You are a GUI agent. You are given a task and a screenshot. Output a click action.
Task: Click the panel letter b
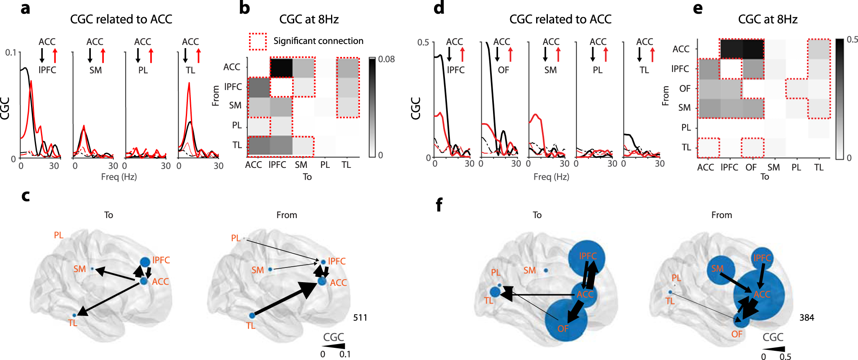click(244, 8)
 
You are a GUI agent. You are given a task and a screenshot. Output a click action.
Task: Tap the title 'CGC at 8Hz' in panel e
click(767, 19)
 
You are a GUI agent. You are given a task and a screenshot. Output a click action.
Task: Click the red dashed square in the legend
click(258, 41)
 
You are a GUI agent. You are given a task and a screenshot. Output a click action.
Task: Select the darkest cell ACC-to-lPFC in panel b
click(281, 68)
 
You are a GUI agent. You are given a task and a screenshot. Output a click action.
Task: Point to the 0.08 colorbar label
click(386, 59)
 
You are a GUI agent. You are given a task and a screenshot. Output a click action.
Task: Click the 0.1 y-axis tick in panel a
click(10, 53)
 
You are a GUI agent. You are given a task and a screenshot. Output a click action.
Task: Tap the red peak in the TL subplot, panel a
click(189, 84)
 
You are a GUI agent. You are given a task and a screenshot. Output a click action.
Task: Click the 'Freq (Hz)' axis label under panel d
click(551, 177)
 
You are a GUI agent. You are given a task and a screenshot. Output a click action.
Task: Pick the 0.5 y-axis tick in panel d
click(423, 42)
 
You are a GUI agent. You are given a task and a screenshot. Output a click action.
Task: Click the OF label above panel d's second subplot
click(503, 70)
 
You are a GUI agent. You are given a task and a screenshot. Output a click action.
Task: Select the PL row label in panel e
click(686, 127)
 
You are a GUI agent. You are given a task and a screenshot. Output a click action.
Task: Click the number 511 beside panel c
click(360, 318)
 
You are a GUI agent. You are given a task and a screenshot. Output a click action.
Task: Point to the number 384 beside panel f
click(807, 318)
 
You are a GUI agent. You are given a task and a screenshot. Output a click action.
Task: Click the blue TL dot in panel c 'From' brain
click(252, 316)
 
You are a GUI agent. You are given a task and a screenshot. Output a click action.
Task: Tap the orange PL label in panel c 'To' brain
click(59, 235)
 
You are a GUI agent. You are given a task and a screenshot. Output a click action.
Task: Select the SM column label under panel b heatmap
click(301, 165)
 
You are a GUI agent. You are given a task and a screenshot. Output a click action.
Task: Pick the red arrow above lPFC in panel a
click(55, 55)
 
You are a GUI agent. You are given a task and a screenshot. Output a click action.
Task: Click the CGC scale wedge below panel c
click(335, 346)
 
